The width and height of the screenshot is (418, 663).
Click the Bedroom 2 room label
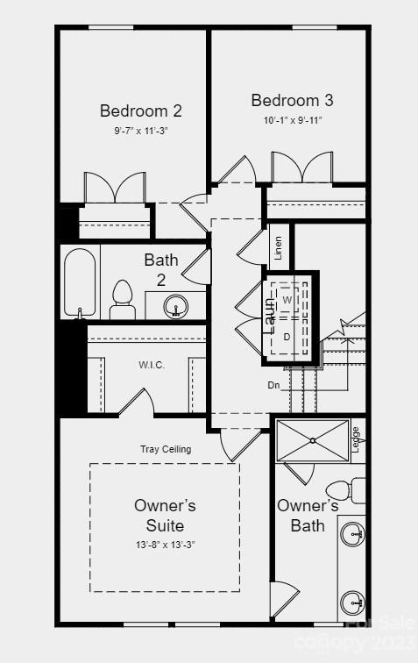point(140,110)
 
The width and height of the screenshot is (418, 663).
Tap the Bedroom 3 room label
point(292,100)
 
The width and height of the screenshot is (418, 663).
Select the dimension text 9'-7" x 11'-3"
point(140,130)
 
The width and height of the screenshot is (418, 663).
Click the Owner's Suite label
point(165,516)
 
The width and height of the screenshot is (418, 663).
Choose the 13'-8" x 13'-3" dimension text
point(165,544)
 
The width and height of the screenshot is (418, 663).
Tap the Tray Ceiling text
point(166,449)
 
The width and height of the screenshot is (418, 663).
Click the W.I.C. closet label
point(151,365)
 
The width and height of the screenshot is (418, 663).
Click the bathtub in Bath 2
point(80,283)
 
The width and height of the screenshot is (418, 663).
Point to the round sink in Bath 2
point(178,307)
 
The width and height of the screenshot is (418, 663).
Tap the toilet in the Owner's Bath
point(341,489)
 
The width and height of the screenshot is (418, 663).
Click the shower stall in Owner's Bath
point(312,440)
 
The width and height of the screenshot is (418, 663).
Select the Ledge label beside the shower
point(355,437)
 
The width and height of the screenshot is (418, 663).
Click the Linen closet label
point(278,248)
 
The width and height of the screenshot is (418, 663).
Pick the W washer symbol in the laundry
point(287,300)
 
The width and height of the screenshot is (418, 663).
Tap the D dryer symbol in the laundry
point(287,336)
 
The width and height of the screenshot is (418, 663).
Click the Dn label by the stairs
point(274,384)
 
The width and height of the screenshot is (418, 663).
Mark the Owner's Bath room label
point(308,516)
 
